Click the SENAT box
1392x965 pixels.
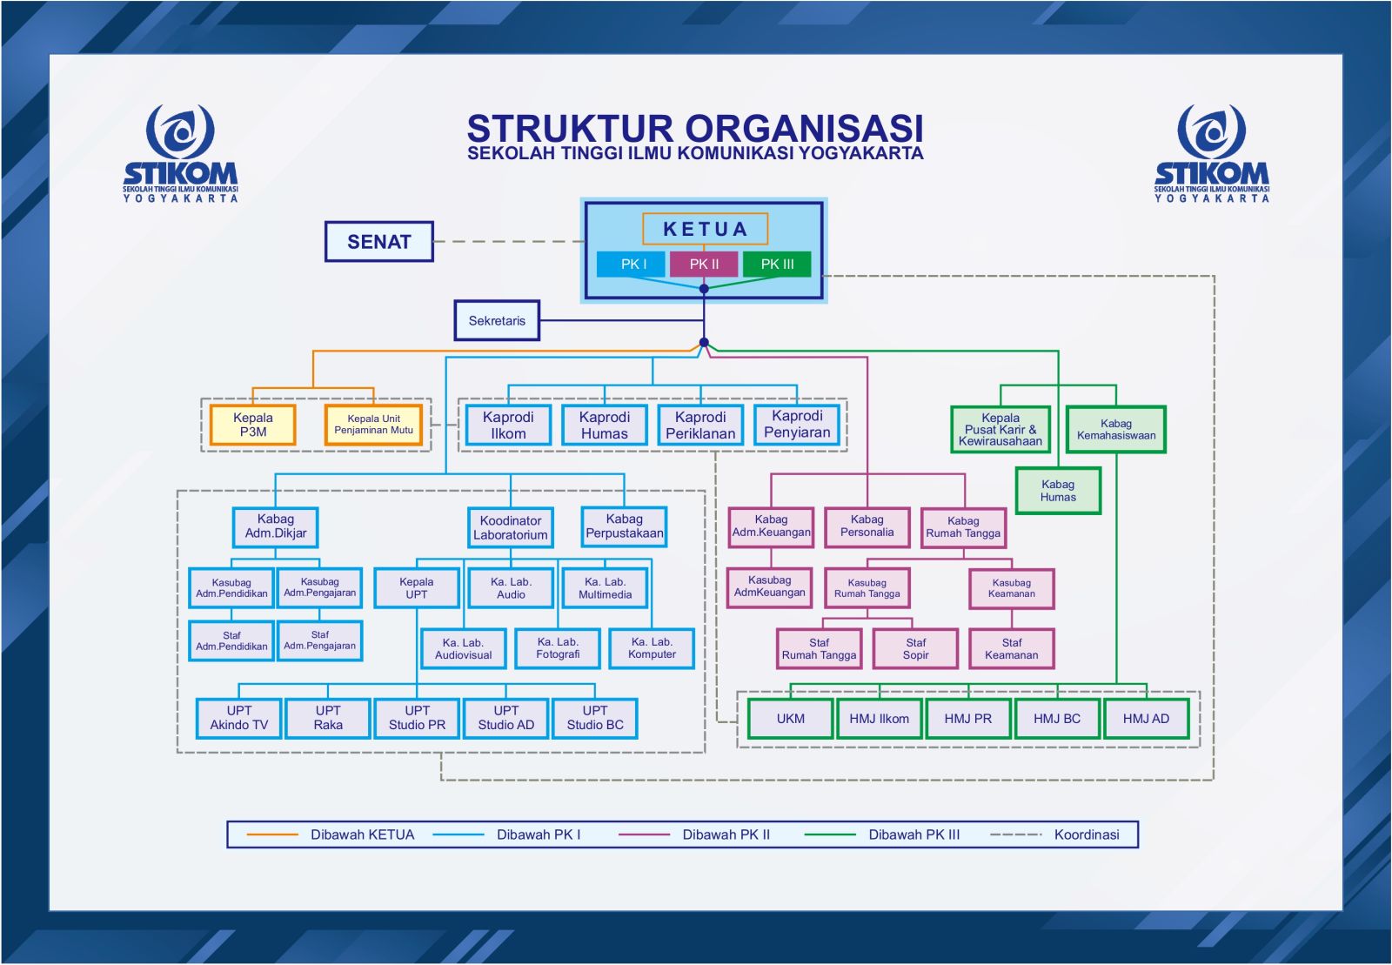[x=378, y=242]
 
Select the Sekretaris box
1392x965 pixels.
[x=497, y=320]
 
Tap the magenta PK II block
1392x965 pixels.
[x=704, y=264]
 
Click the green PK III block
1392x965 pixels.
[x=777, y=264]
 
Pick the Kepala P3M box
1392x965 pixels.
[x=253, y=425]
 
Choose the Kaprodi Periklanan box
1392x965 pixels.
[x=700, y=425]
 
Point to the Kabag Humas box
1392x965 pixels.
[x=1058, y=491]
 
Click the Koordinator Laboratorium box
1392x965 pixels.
[x=511, y=527]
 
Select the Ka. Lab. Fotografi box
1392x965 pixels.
[x=558, y=648]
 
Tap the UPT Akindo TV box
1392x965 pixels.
[x=239, y=718]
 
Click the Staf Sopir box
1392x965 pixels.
[x=915, y=648]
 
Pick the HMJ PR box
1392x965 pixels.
[x=968, y=719]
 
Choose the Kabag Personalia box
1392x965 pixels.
[x=867, y=526]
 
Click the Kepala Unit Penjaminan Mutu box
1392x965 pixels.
[x=373, y=425]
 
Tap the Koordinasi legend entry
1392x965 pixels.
[x=1086, y=834]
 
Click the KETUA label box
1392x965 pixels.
[x=705, y=229]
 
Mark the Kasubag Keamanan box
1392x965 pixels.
[x=1011, y=588]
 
